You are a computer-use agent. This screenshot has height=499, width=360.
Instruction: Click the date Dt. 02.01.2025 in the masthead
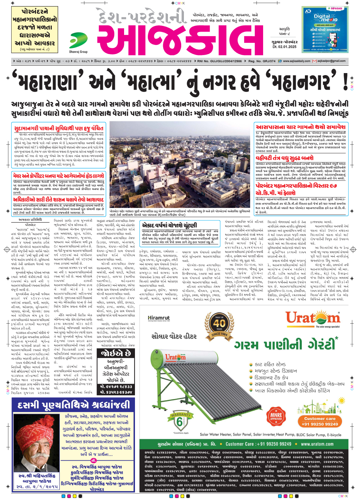coord(284,47)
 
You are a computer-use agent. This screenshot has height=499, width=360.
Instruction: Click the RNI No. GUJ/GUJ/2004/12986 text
coord(219,61)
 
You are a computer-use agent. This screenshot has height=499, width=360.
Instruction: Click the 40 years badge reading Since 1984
coord(219,327)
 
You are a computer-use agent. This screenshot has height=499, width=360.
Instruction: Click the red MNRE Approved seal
coord(276,417)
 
